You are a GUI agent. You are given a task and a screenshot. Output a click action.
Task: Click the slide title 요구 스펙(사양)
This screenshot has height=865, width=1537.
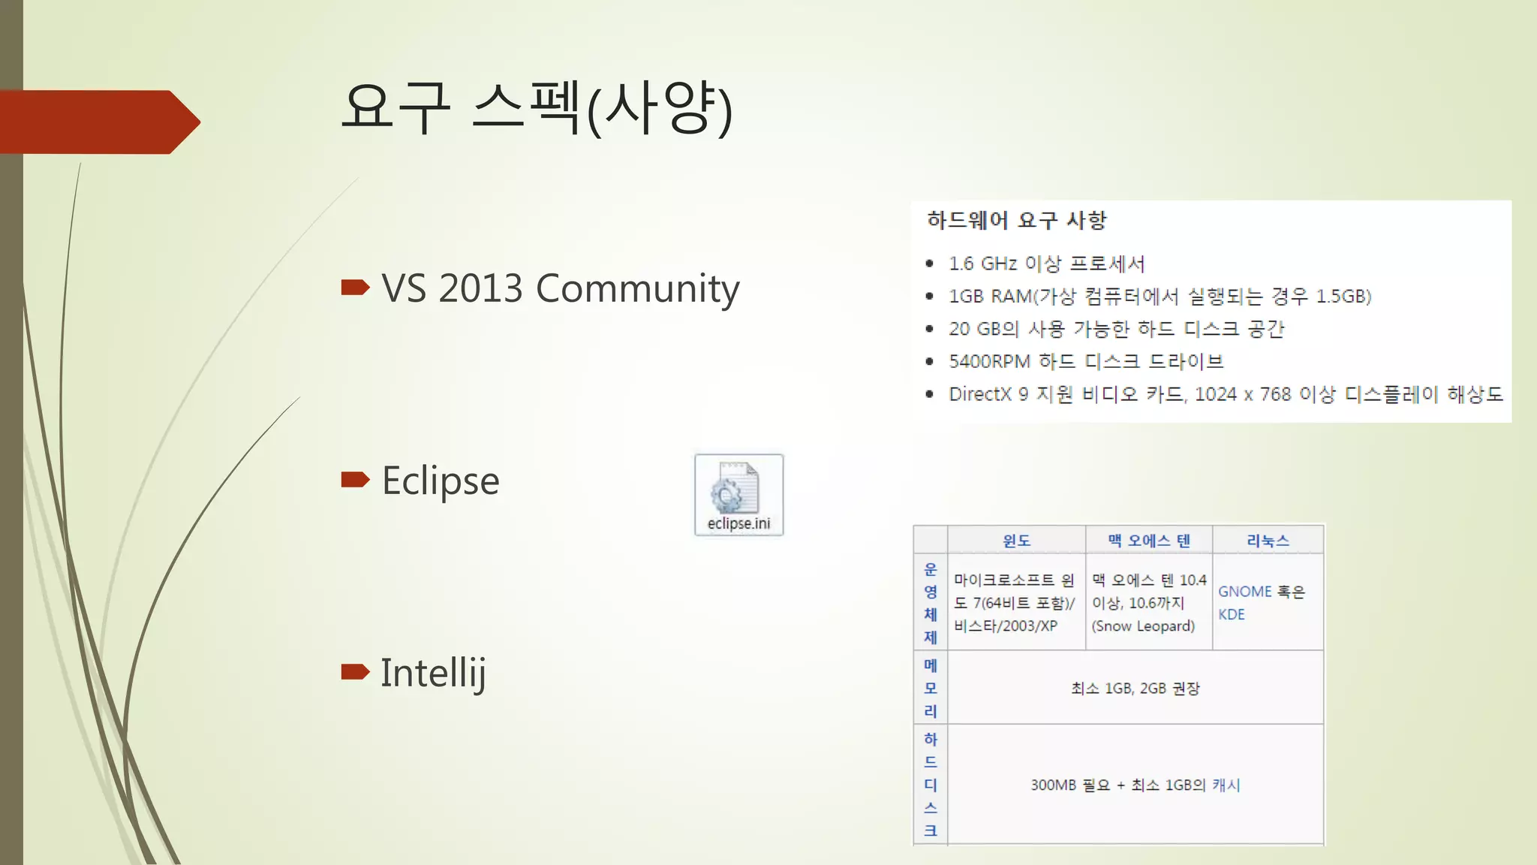click(x=536, y=109)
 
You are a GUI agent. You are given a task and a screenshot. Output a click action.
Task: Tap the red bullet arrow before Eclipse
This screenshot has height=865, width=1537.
click(x=355, y=479)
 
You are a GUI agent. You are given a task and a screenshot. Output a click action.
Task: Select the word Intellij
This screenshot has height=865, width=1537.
click(x=433, y=673)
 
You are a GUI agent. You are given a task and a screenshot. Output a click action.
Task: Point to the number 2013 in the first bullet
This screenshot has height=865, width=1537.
click(x=480, y=288)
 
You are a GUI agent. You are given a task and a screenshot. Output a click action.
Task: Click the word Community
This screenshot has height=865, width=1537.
click(x=637, y=290)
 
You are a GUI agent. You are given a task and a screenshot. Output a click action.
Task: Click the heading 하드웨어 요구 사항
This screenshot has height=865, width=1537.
click(x=1016, y=220)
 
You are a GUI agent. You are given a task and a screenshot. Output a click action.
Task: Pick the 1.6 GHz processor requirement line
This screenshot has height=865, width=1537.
click(x=1046, y=264)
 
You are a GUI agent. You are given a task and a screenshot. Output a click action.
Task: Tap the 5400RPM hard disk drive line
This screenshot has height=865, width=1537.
click(x=1085, y=361)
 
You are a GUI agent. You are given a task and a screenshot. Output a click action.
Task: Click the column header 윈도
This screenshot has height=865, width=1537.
click(x=1016, y=541)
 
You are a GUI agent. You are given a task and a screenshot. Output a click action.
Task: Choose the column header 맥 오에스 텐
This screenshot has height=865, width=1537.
click(x=1149, y=541)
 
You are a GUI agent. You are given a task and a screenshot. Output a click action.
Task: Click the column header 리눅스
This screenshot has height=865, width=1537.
click(x=1268, y=541)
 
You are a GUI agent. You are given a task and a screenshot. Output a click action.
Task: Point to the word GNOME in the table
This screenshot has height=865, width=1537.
click(x=1244, y=592)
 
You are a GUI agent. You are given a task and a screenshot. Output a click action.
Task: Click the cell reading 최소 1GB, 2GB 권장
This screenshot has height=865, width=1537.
click(x=1135, y=689)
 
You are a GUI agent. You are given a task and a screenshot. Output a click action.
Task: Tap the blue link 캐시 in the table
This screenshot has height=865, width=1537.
click(x=1226, y=785)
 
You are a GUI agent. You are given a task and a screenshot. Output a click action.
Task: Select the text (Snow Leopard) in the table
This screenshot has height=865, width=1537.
click(x=1143, y=626)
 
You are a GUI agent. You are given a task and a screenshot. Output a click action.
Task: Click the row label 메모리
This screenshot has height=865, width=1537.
click(x=931, y=688)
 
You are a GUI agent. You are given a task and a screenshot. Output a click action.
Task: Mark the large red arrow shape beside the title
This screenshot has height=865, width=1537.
click(x=98, y=122)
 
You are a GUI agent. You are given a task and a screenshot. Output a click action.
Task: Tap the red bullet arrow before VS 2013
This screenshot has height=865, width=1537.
click(x=355, y=287)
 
